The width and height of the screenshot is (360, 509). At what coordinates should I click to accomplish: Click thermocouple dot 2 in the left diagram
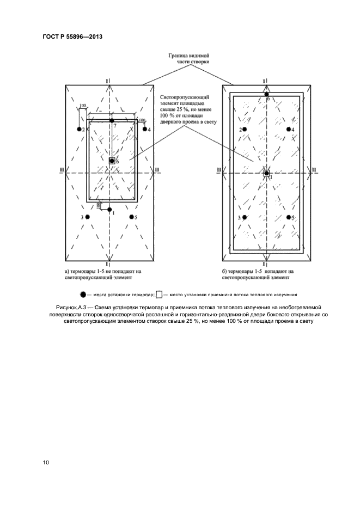pyautogui.click(x=83, y=129)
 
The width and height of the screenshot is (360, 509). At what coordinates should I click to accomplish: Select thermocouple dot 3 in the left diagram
pyautogui.click(x=88, y=217)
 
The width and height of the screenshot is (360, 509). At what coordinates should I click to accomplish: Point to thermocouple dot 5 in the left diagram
pyautogui.click(x=131, y=217)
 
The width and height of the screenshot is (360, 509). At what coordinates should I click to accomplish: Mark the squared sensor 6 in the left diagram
pyautogui.click(x=112, y=161)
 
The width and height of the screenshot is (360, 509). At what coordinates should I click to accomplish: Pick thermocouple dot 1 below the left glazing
pyautogui.click(x=109, y=210)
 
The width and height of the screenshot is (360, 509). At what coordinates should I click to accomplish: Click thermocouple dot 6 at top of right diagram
pyautogui.click(x=266, y=95)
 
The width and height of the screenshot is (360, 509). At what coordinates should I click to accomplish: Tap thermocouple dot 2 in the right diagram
pyautogui.click(x=245, y=129)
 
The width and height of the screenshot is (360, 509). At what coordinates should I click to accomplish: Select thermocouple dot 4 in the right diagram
pyautogui.click(x=288, y=129)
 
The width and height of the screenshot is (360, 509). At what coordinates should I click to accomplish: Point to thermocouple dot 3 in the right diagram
pyautogui.click(x=245, y=217)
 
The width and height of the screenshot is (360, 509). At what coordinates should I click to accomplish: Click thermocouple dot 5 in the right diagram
pyautogui.click(x=288, y=217)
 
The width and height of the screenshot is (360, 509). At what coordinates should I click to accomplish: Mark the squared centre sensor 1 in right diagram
pyautogui.click(x=266, y=173)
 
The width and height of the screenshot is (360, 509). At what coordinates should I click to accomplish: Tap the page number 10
pyautogui.click(x=46, y=462)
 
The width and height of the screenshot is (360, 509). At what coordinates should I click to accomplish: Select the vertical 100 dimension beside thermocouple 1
pyautogui.click(x=98, y=205)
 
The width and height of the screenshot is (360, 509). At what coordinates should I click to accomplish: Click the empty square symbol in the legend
pyautogui.click(x=158, y=295)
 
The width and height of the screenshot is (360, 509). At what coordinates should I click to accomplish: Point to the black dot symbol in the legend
pyautogui.click(x=83, y=295)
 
